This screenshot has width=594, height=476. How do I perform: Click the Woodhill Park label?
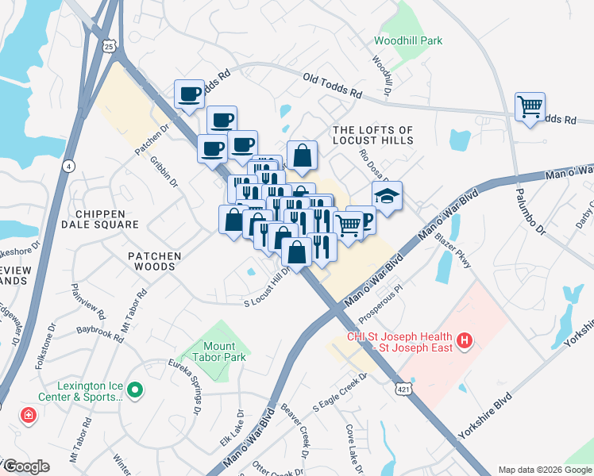pos(408,40)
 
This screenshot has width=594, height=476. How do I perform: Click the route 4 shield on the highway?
pos(69,166)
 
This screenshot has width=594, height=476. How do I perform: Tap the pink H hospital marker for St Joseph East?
pos(465,343)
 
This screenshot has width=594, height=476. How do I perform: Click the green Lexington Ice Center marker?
pos(134,390)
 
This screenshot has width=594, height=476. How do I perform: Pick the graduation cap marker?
pos(387,196)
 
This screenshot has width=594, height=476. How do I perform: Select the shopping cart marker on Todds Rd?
pos(530,105)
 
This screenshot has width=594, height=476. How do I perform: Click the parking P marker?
pos(364,220)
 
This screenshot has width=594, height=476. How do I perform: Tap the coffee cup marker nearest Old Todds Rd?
pos(190,94)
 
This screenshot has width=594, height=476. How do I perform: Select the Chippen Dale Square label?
pos(107,219)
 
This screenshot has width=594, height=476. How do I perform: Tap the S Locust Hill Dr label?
pos(268,289)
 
